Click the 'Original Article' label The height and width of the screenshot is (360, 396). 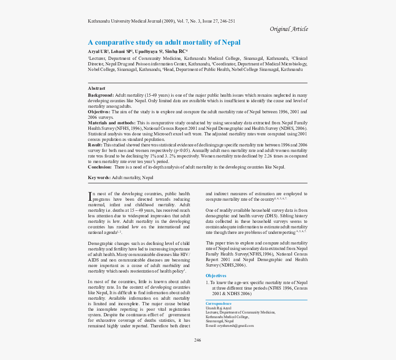pos(289,29)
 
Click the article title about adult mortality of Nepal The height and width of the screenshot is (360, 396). pos(164,42)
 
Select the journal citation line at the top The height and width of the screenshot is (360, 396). pos(161,21)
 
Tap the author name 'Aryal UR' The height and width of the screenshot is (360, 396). pos(98,51)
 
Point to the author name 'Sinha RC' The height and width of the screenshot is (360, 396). pos(175,51)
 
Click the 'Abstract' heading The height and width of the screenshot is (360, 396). pos(97,88)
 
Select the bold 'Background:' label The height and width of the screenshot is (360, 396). pos(101,95)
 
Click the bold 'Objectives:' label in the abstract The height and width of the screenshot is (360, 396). pos(99,112)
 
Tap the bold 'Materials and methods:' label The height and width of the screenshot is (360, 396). pos(111,123)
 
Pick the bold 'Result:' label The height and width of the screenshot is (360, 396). pos(95,145)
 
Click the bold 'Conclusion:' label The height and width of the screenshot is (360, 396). pos(99,167)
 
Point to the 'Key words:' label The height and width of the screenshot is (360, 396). pos(99,178)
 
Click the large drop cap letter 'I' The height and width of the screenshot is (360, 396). pos(90,197)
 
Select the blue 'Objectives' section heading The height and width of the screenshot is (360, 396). pos(216,276)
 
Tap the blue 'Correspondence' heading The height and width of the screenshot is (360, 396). pos(218,304)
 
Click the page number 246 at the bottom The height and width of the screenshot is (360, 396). pos(198,340)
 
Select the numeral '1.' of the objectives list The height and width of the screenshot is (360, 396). pos(207,283)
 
